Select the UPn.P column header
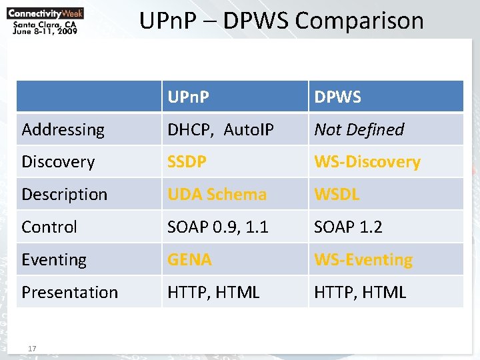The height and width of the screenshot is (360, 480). (x=189, y=97)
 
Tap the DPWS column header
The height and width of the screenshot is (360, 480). (x=338, y=97)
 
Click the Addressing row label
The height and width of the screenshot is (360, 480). (x=63, y=129)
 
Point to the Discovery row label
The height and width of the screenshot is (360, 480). (x=59, y=162)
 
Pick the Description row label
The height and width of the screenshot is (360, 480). (x=65, y=195)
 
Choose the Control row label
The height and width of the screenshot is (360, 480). (x=50, y=227)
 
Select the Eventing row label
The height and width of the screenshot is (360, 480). (x=54, y=259)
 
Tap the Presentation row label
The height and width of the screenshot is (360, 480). (x=70, y=292)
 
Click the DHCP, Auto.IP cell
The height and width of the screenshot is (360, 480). (x=221, y=129)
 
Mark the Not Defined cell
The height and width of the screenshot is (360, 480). (x=359, y=129)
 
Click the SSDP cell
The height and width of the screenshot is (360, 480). (x=187, y=162)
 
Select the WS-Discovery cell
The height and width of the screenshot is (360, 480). (x=367, y=162)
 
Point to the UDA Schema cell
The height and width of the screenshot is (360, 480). (x=217, y=195)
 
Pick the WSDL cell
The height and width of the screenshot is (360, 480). (x=337, y=195)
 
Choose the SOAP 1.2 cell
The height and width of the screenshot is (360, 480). (x=349, y=227)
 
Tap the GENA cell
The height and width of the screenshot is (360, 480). (x=190, y=259)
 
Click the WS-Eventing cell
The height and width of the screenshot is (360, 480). (x=363, y=259)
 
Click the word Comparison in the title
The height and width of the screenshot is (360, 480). (x=359, y=21)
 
